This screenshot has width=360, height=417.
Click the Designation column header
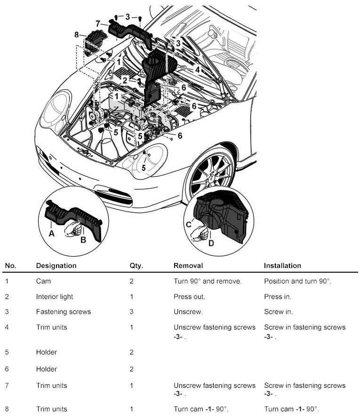(x=56, y=266)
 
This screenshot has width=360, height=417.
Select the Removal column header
(x=188, y=266)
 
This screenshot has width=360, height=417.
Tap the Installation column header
(x=282, y=266)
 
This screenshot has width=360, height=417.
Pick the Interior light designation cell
(x=54, y=297)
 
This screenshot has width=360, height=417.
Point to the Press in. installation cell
(x=278, y=297)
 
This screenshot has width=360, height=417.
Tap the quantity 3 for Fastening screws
(x=132, y=312)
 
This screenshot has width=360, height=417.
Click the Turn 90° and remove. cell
(x=208, y=281)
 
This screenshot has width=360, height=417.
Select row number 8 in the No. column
(x=7, y=409)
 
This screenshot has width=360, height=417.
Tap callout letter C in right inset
(x=189, y=225)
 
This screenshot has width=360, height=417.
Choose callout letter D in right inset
(x=211, y=243)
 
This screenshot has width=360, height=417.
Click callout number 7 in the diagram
(x=98, y=24)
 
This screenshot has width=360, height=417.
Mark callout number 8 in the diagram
(x=76, y=34)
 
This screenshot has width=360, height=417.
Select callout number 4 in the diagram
(x=198, y=69)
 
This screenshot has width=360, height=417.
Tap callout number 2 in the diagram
(x=125, y=80)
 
